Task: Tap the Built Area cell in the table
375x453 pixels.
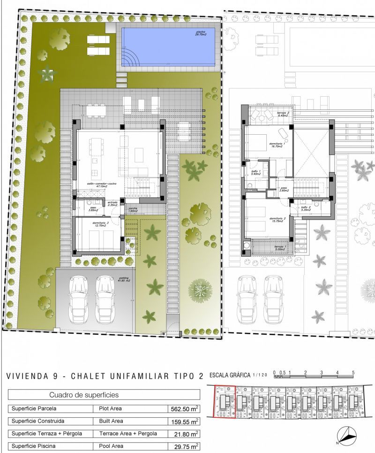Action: (x=111, y=421)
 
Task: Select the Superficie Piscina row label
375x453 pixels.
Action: (x=36, y=445)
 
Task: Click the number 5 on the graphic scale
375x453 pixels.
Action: (x=353, y=373)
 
